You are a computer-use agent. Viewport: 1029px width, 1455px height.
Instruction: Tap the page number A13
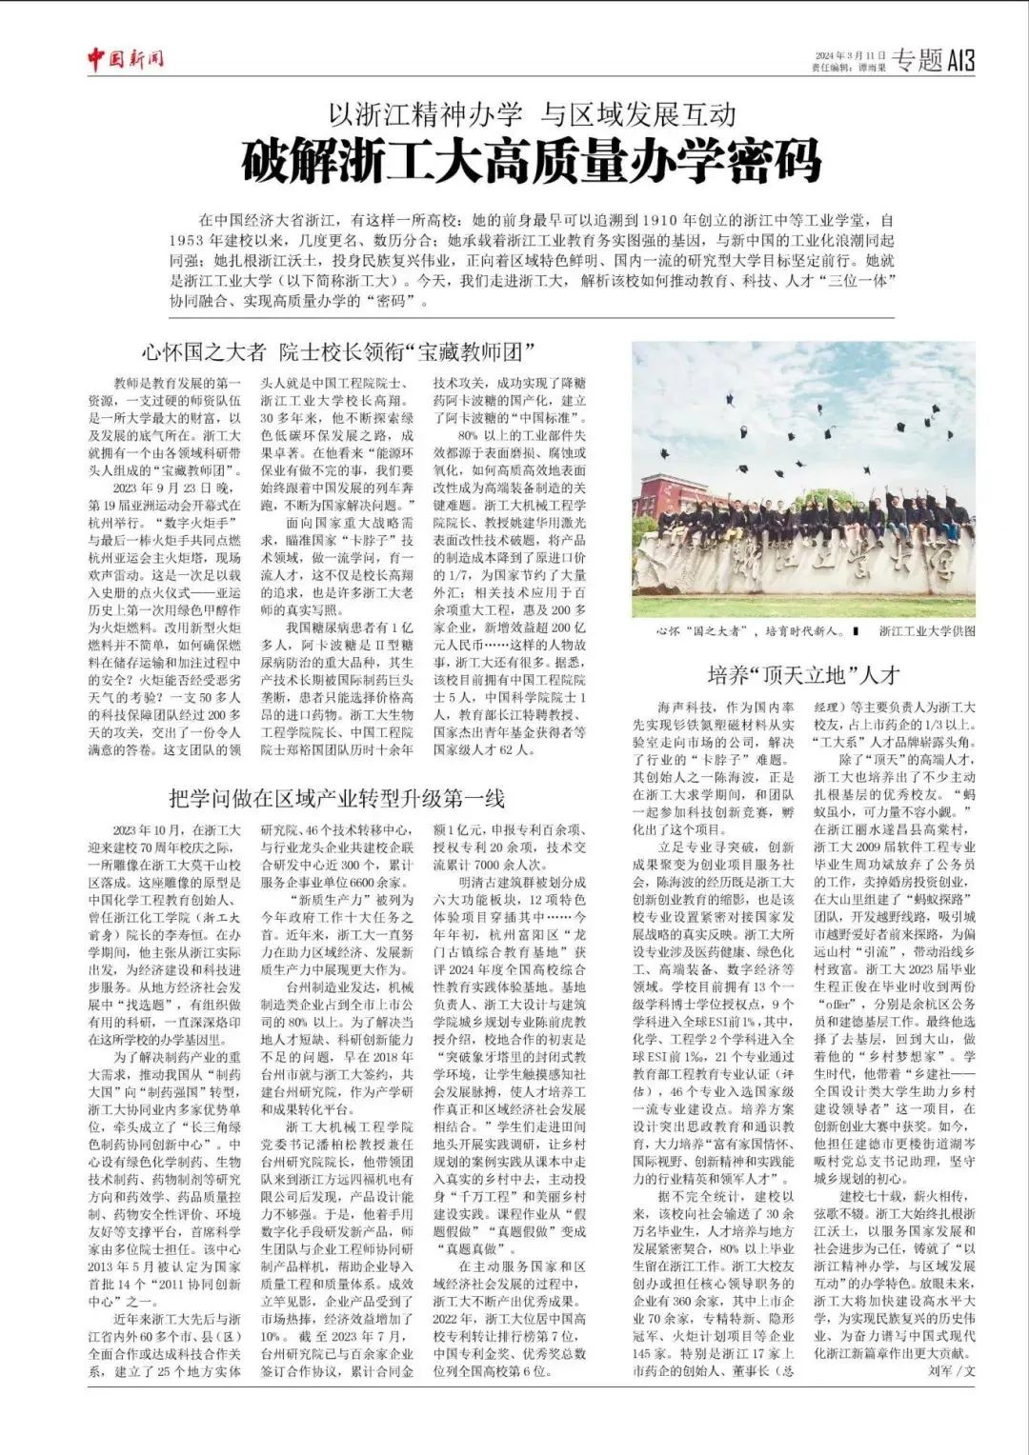[x=960, y=61]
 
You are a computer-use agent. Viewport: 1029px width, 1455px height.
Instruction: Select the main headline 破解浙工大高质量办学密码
[x=531, y=161]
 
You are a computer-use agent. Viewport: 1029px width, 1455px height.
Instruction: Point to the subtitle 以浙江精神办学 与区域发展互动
[x=532, y=115]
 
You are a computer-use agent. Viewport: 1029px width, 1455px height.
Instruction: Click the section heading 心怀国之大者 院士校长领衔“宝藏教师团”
[x=336, y=351]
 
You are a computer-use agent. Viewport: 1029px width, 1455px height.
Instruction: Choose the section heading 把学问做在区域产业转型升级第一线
[x=336, y=798]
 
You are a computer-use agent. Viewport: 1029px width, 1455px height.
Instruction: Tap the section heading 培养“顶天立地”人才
[x=803, y=675]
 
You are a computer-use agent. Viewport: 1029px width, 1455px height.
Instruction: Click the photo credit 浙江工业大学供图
[x=927, y=630]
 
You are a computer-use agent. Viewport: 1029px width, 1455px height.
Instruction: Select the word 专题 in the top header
[x=916, y=61]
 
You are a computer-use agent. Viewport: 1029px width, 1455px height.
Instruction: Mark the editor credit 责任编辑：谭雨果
[x=849, y=68]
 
